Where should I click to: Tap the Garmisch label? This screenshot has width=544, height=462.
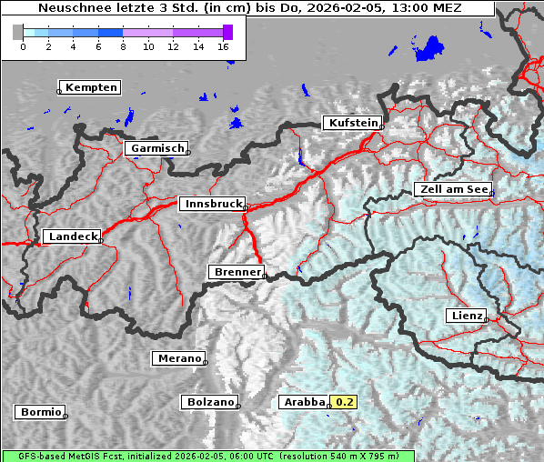(157, 148)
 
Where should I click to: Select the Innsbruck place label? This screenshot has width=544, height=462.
(211, 205)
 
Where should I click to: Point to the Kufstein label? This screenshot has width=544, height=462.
(352, 123)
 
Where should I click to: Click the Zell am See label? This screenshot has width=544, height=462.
(453, 189)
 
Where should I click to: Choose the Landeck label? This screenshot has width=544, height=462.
(72, 236)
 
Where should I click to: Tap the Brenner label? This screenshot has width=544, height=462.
(237, 272)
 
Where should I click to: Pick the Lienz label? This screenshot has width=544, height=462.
(466, 316)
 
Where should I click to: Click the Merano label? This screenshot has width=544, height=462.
(177, 359)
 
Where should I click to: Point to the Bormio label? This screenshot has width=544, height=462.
(40, 412)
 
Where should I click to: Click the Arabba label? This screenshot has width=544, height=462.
(303, 402)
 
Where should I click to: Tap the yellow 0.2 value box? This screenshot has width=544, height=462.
(345, 402)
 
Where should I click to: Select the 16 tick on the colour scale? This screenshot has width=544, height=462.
(224, 46)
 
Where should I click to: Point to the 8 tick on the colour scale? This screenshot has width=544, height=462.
(123, 46)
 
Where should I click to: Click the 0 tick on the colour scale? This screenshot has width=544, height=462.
(23, 46)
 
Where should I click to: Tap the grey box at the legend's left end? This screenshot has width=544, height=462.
(18, 32)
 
